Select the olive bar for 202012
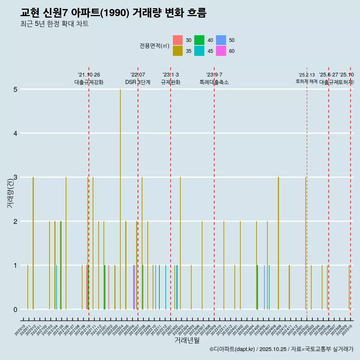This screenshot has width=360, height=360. click(33, 243)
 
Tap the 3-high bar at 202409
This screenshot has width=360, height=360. click(278, 243)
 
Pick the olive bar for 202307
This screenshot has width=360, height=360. click(202, 265)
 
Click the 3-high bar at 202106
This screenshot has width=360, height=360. click(66, 243)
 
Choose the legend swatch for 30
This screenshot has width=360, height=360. click(178, 40)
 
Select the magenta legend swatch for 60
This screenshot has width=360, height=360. click(221, 51)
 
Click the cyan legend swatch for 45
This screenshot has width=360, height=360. click(199, 51)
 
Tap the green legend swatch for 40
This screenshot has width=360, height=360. click(199, 40)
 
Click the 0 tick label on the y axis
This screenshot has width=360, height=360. click(15, 309)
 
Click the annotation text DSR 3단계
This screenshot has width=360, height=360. click(138, 82)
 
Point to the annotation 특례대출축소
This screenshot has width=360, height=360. click(214, 82)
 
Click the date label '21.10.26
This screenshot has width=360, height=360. click(89, 75)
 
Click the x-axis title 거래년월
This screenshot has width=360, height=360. click(187, 340)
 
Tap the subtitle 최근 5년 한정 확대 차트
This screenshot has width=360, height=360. click(54, 24)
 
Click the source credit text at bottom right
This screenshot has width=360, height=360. click(281, 349)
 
